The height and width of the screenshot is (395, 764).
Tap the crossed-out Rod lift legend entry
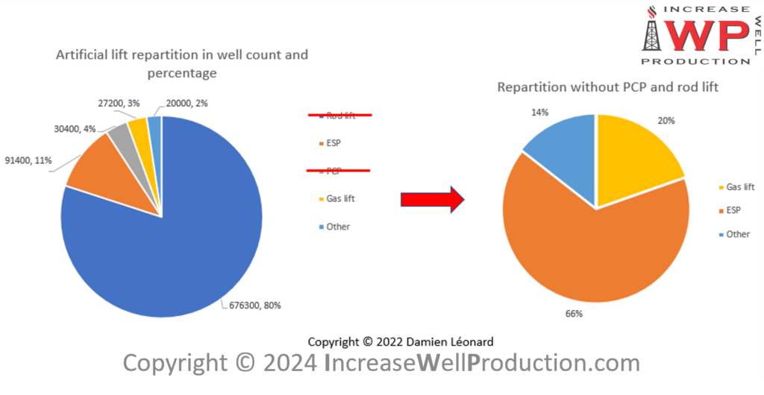[x=340, y=116]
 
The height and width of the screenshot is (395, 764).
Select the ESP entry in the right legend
[x=732, y=211]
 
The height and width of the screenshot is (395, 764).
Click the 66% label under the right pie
[x=574, y=314]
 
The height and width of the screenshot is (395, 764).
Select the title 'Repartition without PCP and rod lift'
[x=607, y=87]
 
